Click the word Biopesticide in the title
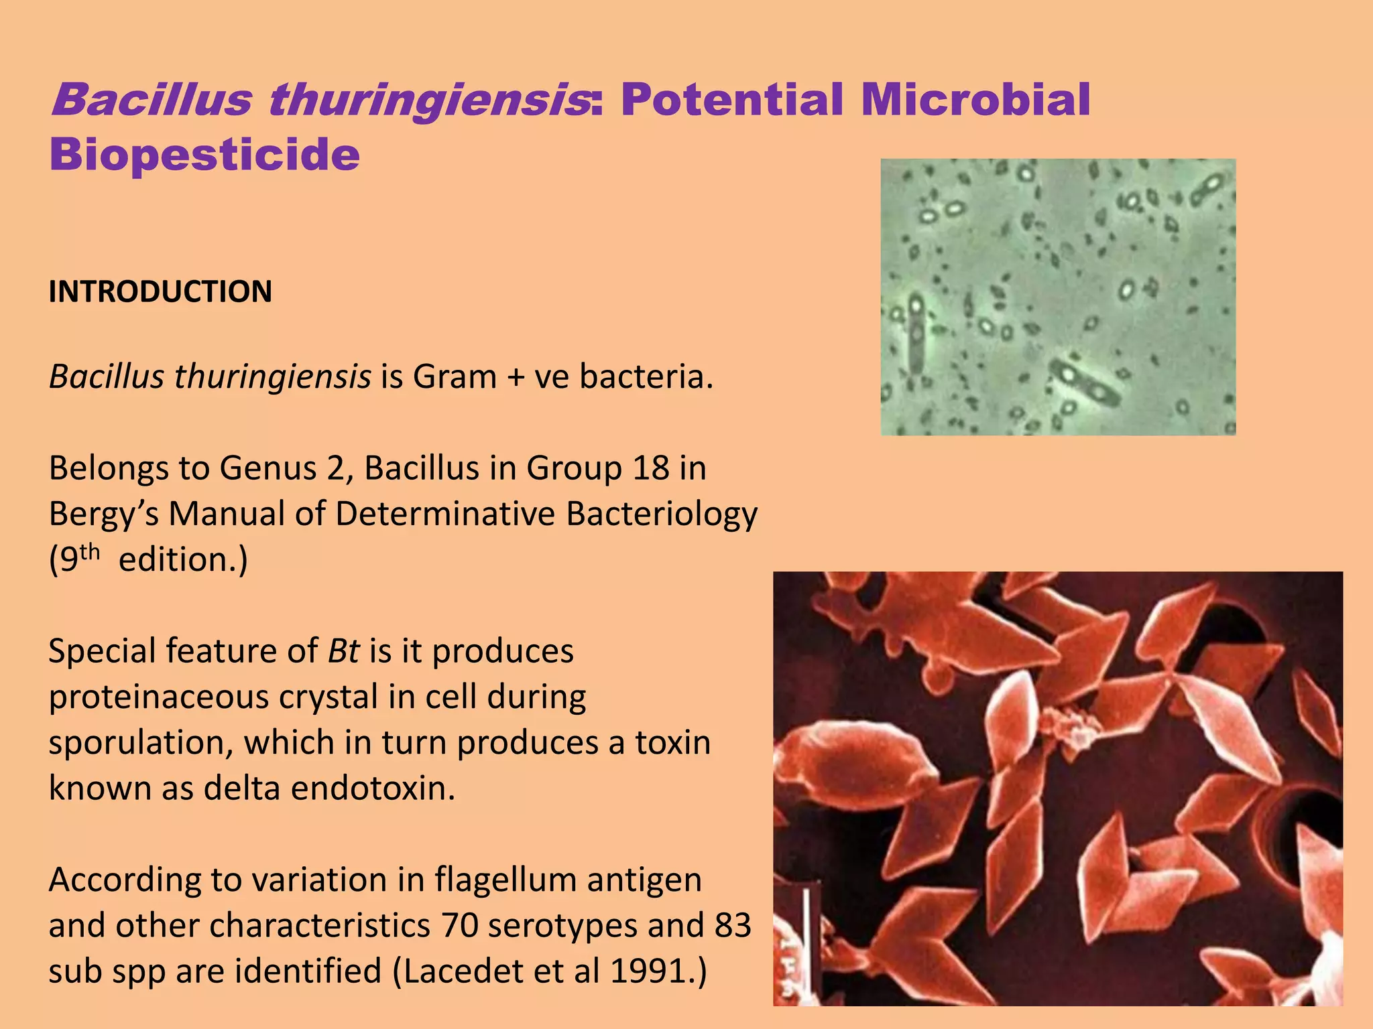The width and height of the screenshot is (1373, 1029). point(204,155)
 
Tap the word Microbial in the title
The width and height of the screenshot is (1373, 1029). point(975,100)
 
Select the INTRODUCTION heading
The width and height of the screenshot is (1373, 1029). point(160,292)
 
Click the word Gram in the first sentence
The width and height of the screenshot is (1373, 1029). point(455,376)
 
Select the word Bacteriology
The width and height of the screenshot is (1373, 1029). point(662,514)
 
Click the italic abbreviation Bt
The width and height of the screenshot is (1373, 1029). point(344,651)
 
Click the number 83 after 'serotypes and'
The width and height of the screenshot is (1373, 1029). point(733,926)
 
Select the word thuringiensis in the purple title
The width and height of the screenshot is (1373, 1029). point(429,100)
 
